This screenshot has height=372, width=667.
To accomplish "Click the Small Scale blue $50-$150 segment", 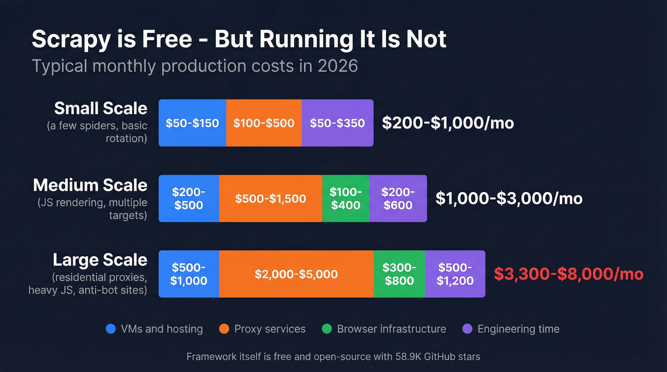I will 192,123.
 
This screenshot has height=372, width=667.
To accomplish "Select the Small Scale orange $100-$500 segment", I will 263,123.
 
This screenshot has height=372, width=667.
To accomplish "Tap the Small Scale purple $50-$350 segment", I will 337,123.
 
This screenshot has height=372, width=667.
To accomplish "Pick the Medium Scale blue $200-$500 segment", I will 189,199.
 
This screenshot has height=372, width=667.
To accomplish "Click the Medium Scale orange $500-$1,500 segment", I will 271,199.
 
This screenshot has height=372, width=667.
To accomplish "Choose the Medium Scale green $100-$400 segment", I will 346,199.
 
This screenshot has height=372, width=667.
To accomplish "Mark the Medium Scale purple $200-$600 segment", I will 398,199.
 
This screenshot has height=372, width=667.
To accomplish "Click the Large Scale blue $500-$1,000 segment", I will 189,274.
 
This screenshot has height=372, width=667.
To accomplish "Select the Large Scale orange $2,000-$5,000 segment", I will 296,274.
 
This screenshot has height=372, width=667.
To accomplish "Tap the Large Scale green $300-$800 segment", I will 399,274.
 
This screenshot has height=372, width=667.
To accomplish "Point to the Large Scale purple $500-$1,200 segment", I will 455,274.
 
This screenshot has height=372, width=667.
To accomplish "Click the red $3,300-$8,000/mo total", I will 568,274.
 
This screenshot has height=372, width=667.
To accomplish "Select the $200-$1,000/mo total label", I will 448,123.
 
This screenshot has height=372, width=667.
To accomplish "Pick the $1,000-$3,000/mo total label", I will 509,198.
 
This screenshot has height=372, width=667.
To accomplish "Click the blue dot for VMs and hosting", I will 111,329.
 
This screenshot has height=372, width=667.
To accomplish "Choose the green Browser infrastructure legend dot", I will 327,329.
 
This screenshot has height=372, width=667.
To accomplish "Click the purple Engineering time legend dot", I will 467,329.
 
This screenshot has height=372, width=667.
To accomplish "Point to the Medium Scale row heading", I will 90,185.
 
